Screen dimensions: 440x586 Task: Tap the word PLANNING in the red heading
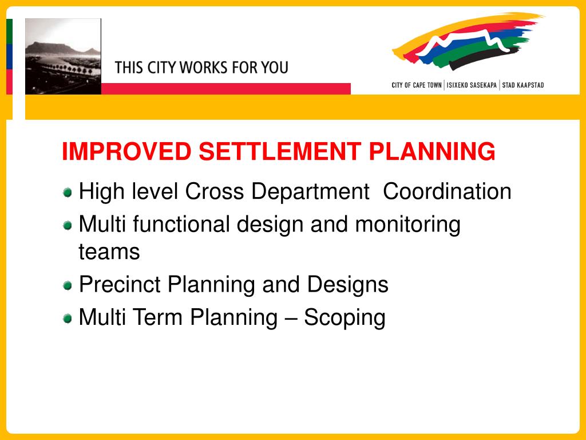432,152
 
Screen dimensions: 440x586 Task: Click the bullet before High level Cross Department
68,192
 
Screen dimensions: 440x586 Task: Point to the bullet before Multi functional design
68,225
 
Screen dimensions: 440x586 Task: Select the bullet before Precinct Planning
68,285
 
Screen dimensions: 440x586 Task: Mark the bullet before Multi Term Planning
68,318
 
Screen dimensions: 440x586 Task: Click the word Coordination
447,191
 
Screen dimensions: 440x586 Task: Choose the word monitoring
407,225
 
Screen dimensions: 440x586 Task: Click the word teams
109,252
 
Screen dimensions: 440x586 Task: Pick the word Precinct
120,284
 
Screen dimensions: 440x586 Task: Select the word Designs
347,285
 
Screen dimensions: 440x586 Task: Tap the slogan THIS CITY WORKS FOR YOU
201,68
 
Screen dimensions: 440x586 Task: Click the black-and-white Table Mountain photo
63,56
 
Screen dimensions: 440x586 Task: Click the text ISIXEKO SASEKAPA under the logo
472,85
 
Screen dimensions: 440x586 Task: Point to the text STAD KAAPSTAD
523,85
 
